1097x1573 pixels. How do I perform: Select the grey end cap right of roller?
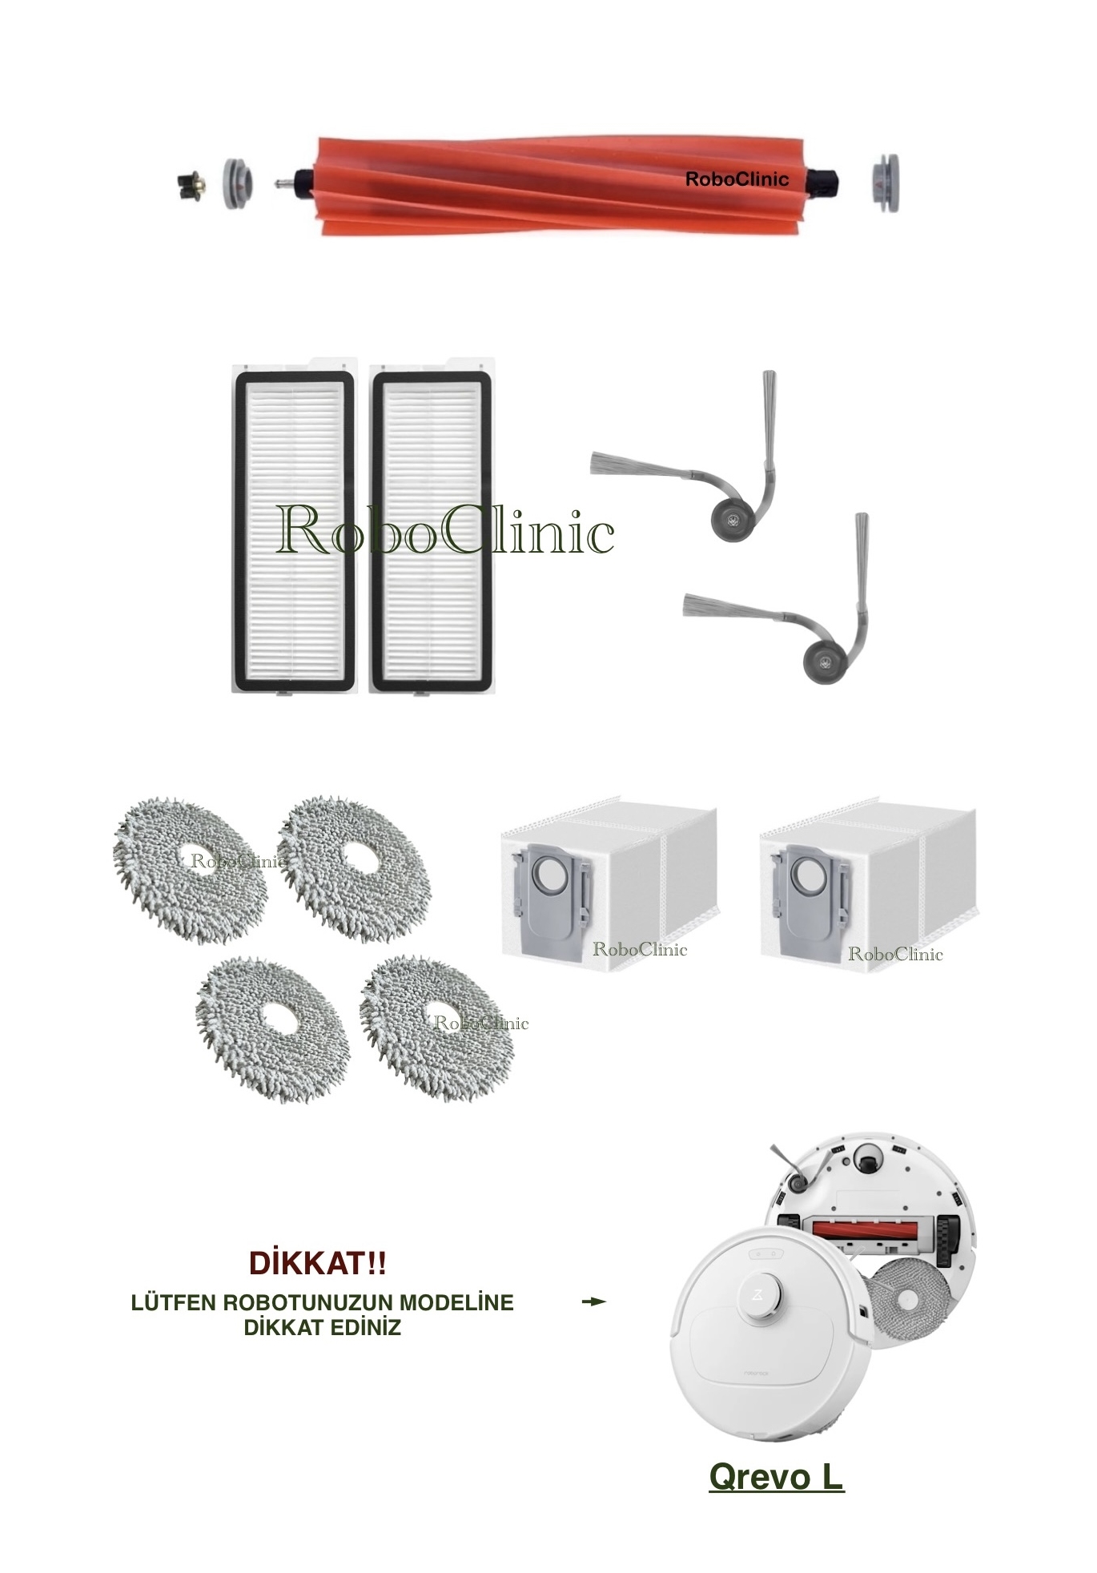point(884,183)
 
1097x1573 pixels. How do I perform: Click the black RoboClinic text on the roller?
point(736,179)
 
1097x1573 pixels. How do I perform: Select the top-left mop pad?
point(190,870)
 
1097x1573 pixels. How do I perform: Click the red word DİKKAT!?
point(318,1264)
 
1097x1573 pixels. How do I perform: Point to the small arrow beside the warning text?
point(593,1301)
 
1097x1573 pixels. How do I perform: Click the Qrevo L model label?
point(776,1476)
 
